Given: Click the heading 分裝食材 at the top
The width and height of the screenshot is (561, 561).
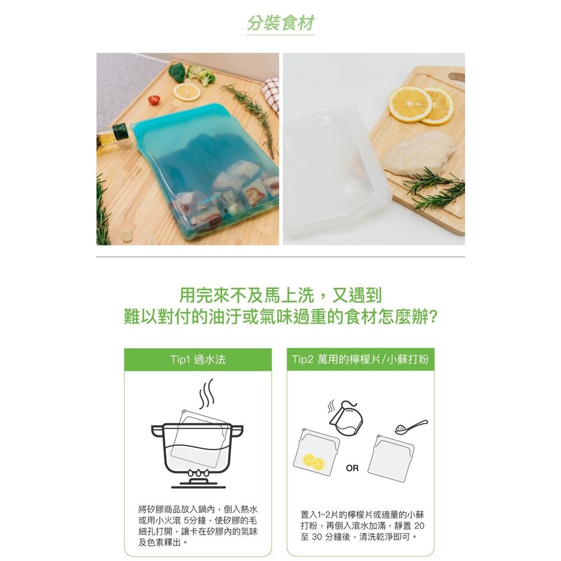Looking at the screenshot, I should (x=280, y=24).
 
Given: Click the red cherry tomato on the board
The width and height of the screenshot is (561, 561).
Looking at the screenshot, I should (x=154, y=100).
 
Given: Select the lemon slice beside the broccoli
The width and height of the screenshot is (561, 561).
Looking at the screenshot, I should (x=186, y=91).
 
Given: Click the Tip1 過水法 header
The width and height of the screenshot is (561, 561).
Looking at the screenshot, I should (x=197, y=360).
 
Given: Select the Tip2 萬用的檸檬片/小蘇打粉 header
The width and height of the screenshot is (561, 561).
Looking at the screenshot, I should (x=360, y=360).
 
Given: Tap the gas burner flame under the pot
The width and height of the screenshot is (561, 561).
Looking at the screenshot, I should (x=198, y=474).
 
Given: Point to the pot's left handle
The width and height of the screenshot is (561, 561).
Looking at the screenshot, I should (x=159, y=430).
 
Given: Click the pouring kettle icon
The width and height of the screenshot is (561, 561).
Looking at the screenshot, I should (x=346, y=418).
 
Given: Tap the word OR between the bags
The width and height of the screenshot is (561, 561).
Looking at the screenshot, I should (x=352, y=468).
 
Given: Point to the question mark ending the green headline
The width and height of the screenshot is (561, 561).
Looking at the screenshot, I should (x=431, y=316).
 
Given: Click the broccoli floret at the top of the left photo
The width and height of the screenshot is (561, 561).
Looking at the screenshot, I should (x=177, y=71).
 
